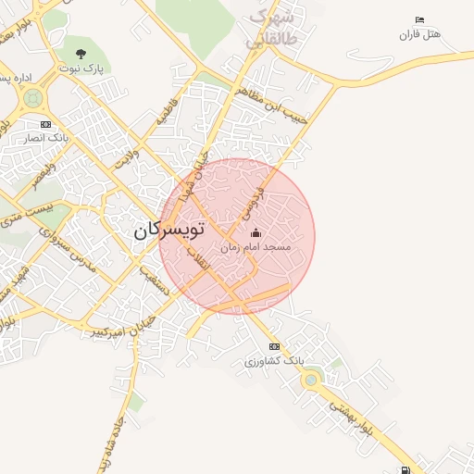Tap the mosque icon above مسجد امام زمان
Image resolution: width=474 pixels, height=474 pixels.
tap(256, 233)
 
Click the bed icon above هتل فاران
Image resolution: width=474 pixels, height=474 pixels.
tap(420, 20)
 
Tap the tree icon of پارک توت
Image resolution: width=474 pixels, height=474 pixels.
tap(81, 53)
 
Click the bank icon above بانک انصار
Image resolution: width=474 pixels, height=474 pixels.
tap(44, 124)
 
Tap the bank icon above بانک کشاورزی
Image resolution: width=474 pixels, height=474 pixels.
tap(274, 346)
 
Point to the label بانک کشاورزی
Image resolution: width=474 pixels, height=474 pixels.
tap(274, 360)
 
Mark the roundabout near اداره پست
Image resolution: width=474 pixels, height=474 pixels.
tap(33, 97)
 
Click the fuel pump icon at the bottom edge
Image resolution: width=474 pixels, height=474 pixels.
tap(406, 469)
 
